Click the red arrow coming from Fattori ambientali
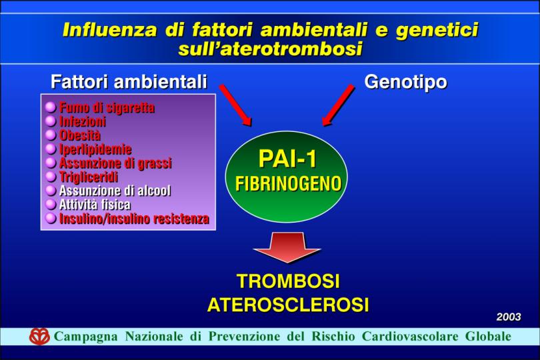coord(235,105)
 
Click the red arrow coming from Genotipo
coord(338,105)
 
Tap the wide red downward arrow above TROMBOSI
coord(287,247)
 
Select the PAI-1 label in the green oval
coord(287,159)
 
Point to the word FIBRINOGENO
coord(288,183)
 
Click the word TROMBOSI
coord(288,281)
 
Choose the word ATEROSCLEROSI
coord(288,305)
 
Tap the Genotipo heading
coord(406,82)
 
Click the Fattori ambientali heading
coord(129,82)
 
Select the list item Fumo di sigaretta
coord(107,107)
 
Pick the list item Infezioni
coord(82,121)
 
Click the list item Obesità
coord(80,135)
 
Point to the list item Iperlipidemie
coord(95,149)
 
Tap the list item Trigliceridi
coord(89,177)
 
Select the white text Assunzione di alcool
coord(115,191)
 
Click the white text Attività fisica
coord(95,205)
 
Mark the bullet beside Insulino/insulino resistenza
coord(51,218)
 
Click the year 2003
coord(509,317)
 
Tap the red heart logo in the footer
coord(39,336)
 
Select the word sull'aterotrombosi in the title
coord(271,49)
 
